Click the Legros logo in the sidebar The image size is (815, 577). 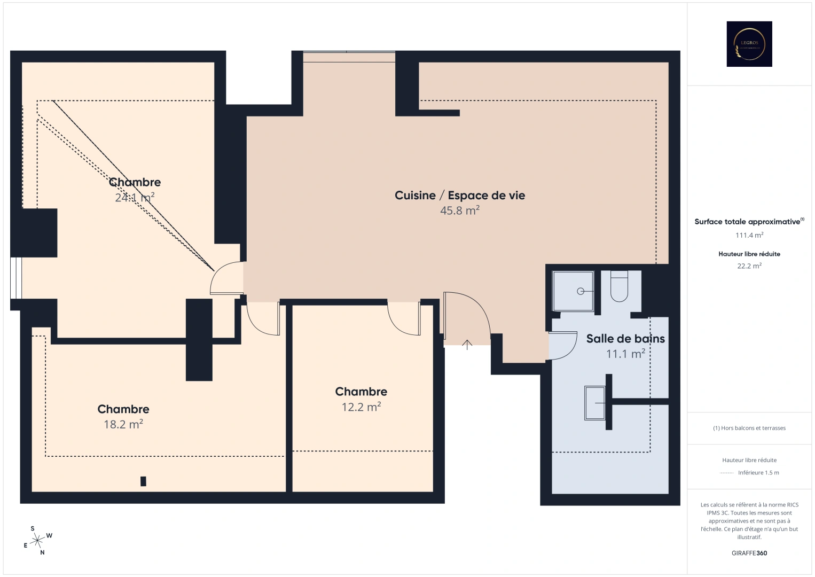(749, 44)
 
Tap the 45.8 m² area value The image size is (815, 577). (459, 210)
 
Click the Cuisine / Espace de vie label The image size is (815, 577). (459, 196)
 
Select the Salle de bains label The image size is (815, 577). (625, 339)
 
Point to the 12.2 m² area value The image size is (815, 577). (361, 407)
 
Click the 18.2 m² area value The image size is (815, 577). (123, 424)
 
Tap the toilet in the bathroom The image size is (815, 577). (619, 286)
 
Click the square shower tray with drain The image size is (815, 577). (573, 291)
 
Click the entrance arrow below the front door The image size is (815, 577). (467, 345)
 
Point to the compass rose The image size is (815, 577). (37, 541)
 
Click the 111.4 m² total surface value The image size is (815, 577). (749, 235)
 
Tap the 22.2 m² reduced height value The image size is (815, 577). (749, 266)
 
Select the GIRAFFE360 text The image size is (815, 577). (749, 553)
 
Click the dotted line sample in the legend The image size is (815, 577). (727, 473)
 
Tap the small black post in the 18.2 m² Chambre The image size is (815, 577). (143, 481)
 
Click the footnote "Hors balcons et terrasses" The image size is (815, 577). (749, 428)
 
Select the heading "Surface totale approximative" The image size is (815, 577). (748, 222)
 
